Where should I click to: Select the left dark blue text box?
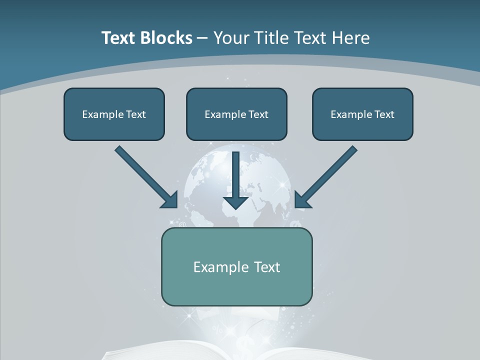point(114,114)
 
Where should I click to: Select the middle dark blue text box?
point(236,114)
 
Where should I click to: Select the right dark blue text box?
point(362,114)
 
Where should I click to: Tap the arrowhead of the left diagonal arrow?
point(170,200)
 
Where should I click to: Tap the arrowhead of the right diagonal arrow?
point(302,200)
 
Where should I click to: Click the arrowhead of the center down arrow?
point(236,202)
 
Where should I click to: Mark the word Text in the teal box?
point(267,267)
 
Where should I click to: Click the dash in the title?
point(202,38)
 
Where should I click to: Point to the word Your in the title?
point(230,38)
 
